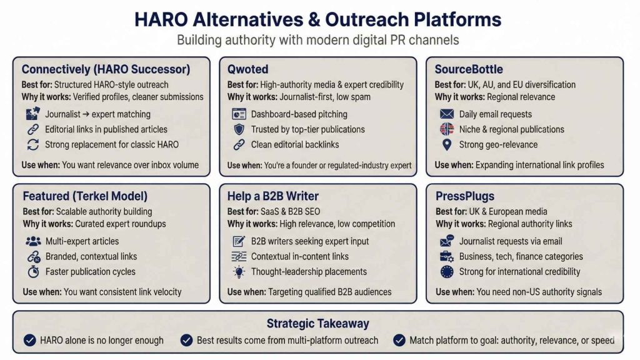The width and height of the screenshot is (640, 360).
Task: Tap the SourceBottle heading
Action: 469,69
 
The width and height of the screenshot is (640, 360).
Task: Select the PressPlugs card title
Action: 464,196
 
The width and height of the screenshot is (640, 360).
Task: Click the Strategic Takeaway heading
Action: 317,323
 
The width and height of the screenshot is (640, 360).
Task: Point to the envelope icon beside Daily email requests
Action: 446,114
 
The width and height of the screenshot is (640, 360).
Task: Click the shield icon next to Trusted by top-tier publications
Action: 239,129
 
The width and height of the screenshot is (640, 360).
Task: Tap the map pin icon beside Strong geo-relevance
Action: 446,145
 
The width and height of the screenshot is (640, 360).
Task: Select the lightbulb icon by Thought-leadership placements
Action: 239,272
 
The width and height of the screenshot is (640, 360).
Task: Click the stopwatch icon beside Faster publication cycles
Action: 33,272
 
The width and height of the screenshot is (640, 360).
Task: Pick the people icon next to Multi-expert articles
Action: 33,241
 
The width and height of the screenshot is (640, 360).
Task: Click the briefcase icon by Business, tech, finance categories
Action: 446,256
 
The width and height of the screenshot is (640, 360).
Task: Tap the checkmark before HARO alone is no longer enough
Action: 29,341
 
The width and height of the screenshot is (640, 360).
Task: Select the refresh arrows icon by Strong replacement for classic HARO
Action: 33,145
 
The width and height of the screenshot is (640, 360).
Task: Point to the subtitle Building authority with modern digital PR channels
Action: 317,41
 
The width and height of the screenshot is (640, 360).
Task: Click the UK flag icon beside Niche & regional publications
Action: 446,129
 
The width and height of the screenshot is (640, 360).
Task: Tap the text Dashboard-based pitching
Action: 299,114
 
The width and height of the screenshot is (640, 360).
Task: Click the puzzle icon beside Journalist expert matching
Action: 33,114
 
